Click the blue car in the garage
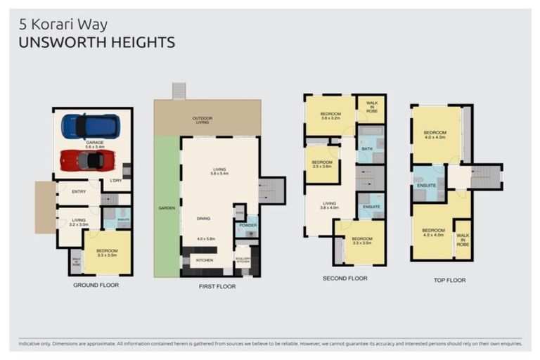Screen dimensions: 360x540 coord(90,126)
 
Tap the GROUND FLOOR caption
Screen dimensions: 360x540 coord(96,285)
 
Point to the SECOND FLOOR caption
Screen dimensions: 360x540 coord(345,278)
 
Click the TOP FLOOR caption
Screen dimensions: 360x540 coord(449,280)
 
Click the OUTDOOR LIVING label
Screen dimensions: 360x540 coord(202,120)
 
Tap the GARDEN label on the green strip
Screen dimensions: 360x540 coord(166,209)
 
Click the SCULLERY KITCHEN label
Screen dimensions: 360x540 coord(243,259)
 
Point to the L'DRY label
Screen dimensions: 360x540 coord(116,181)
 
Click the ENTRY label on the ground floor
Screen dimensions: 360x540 coord(78,191)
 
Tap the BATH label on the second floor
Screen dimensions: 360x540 coord(366,149)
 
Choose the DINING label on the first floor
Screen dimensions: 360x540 coord(203,219)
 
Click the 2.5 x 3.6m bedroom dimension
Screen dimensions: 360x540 coord(321,167)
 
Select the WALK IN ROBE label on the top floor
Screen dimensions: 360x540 coord(462,240)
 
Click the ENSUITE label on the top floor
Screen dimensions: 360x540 coord(423,186)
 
